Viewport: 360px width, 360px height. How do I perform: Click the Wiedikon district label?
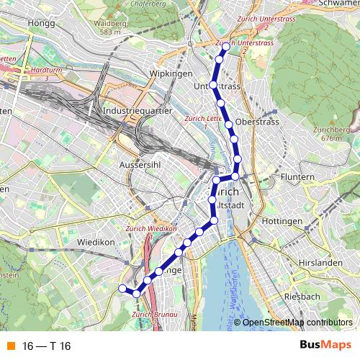click(x=96, y=243)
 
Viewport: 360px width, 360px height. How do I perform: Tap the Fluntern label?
click(x=299, y=176)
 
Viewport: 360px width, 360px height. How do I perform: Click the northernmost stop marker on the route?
click(x=226, y=47)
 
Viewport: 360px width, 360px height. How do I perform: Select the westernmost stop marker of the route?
click(x=122, y=288)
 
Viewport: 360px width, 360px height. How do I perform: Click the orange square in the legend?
click(x=10, y=346)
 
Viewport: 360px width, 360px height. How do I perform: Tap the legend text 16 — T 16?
click(x=46, y=346)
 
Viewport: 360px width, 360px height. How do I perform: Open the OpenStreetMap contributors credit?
click(x=297, y=323)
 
